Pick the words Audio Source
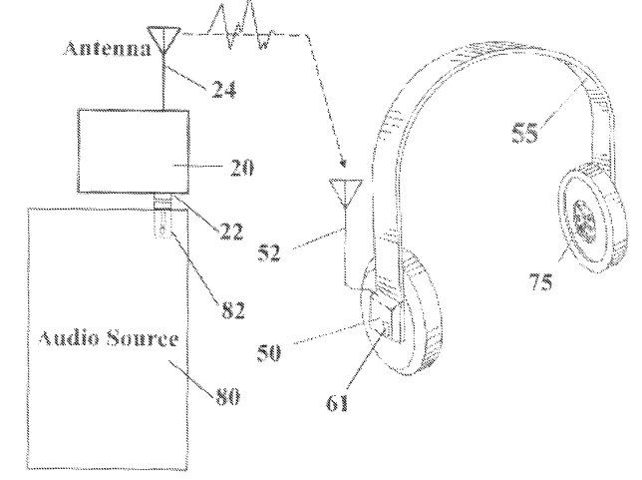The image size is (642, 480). pos(109,338)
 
